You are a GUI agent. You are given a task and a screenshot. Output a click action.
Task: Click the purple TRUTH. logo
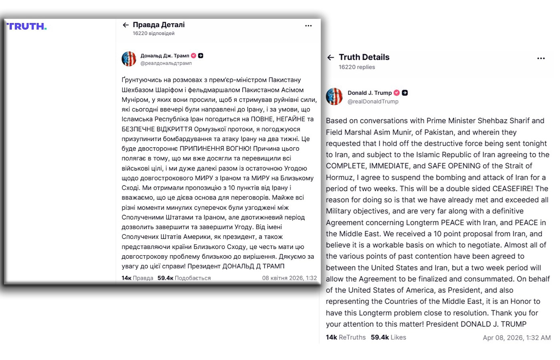coord(26,26)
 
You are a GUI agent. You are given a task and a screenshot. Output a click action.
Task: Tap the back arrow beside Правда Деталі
coord(126,25)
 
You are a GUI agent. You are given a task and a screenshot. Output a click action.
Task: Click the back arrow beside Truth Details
coord(330,57)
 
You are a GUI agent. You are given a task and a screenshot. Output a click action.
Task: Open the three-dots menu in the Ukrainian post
coord(308,26)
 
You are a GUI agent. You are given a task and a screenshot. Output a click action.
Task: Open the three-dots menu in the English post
coord(541,58)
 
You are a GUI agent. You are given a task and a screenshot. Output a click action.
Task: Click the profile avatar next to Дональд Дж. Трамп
coord(129,59)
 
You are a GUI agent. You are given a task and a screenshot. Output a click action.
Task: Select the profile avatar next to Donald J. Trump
coord(334,96)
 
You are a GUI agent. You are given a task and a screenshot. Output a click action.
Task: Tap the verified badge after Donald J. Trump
coord(396,93)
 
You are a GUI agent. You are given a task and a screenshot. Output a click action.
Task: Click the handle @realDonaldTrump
coord(373,102)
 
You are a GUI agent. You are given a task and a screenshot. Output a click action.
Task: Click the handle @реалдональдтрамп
coord(166,63)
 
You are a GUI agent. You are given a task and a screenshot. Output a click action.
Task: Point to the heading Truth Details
coord(364,57)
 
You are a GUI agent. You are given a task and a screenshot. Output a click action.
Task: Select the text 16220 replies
coord(357,67)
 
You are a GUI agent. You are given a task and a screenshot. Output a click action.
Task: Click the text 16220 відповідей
coord(154,34)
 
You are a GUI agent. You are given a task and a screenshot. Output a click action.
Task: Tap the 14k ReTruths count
coord(346,337)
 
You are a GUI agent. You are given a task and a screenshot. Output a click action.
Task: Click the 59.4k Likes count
coord(388,337)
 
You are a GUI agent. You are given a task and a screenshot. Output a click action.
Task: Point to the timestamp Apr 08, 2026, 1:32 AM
coord(516,338)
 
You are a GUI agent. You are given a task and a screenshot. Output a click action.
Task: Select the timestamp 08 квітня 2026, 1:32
coord(289,278)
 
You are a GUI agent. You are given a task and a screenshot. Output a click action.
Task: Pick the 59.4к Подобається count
coord(184,278)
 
